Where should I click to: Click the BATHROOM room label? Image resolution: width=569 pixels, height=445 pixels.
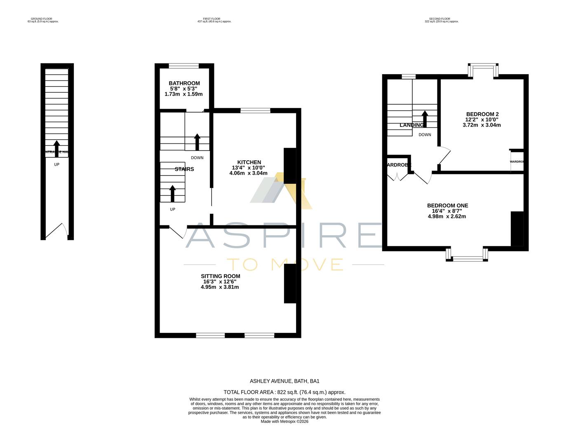pos(184,83)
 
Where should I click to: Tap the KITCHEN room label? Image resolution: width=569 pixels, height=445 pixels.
pos(249,162)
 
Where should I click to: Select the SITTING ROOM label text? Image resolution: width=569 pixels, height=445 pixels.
pos(220,276)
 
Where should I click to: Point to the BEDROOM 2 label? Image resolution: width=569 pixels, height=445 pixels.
pos(482,114)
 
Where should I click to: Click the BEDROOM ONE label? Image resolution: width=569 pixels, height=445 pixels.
pos(447,206)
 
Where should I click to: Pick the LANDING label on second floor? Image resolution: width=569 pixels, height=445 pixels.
pos(411,125)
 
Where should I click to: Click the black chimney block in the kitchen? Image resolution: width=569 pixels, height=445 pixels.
pos(290,166)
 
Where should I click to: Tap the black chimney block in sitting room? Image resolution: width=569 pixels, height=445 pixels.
pos(290,283)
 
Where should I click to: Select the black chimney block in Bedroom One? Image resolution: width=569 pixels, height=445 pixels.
pos(517,229)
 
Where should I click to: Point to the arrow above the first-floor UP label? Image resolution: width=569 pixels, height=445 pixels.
pos(172,194)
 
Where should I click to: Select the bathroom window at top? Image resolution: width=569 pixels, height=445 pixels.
pos(184,66)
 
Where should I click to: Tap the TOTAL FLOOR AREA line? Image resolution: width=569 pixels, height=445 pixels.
pos(284,392)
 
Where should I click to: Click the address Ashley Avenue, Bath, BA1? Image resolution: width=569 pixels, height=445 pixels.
pos(284,381)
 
